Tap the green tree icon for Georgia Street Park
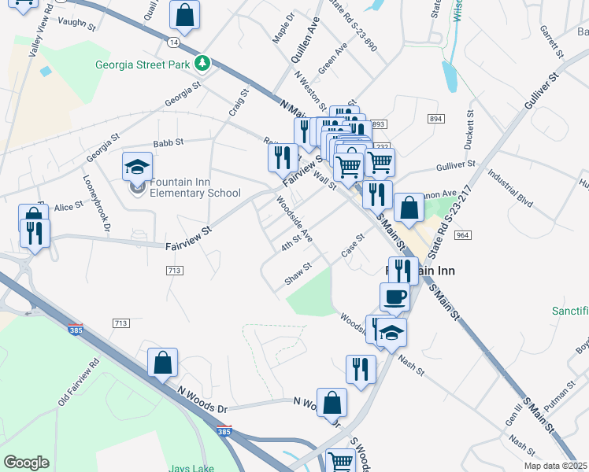(203, 63)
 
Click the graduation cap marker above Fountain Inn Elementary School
(137, 168)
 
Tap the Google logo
(26, 462)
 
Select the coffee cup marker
(395, 297)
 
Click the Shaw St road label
(298, 275)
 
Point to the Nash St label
(411, 364)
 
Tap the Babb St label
(168, 142)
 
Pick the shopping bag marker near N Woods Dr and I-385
(163, 363)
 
